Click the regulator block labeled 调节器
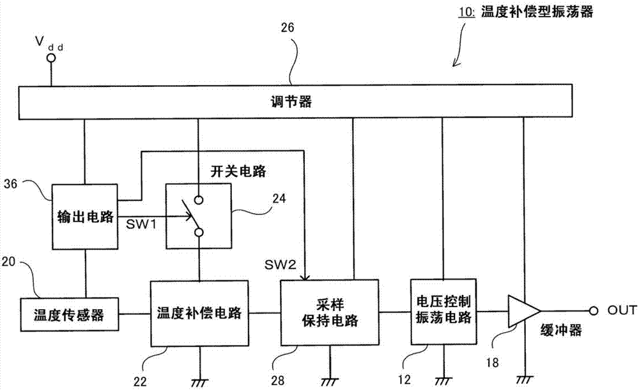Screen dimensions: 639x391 (x=295, y=102)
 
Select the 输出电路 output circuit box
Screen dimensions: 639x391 (x=85, y=217)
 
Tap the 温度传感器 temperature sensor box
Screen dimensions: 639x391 (x=69, y=314)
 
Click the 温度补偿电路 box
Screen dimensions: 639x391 (x=199, y=314)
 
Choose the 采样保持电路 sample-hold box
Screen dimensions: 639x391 (x=330, y=313)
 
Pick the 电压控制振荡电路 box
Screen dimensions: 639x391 (x=443, y=312)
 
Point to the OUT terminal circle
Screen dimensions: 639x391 (x=594, y=311)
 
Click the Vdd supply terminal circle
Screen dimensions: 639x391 (x=51, y=58)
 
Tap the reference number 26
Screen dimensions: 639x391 (x=288, y=28)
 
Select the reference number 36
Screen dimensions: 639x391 (x=11, y=184)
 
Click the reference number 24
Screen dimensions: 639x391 (x=279, y=199)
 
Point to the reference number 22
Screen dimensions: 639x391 (x=140, y=381)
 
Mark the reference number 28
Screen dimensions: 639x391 (x=277, y=380)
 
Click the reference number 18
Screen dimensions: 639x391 (x=492, y=362)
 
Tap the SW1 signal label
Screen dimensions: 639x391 (x=141, y=224)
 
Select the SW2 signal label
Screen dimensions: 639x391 (x=281, y=265)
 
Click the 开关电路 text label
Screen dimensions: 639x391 (x=238, y=171)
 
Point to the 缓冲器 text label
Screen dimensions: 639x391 (x=561, y=330)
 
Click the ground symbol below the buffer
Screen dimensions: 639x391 (x=525, y=379)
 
